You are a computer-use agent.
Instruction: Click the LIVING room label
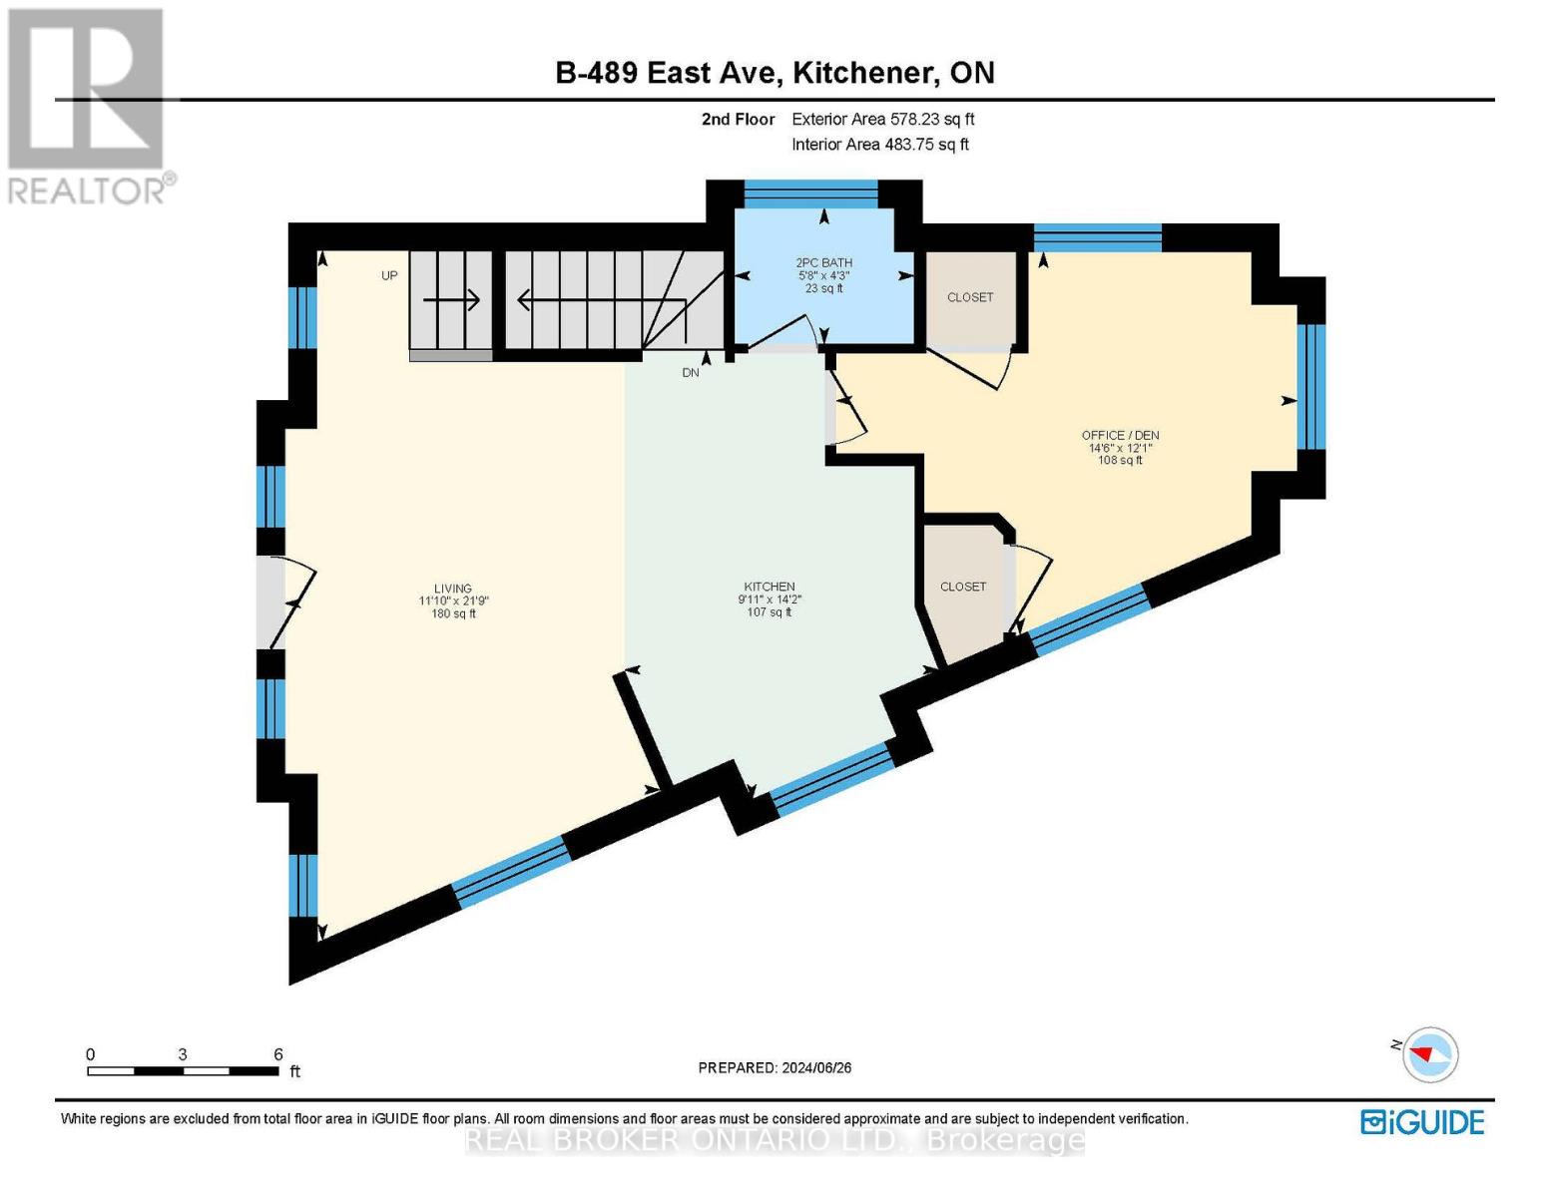tap(452, 589)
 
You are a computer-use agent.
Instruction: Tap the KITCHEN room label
tap(769, 587)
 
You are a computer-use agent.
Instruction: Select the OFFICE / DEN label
tap(1120, 435)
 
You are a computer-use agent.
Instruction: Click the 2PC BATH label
tap(823, 263)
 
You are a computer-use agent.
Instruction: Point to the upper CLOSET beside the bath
tap(970, 297)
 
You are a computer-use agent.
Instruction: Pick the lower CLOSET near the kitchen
tap(962, 587)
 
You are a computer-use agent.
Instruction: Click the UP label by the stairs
tap(389, 275)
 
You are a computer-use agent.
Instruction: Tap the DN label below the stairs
tap(691, 372)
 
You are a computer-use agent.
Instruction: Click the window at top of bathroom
tap(810, 195)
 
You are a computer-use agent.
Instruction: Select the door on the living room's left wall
tap(271, 601)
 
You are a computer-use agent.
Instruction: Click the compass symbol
tap(1430, 1053)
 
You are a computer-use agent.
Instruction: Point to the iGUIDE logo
tap(1422, 1122)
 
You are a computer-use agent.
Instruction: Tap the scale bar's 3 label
tap(183, 1054)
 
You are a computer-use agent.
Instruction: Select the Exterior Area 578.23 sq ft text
tap(882, 119)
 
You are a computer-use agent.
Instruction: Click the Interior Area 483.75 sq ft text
tap(879, 145)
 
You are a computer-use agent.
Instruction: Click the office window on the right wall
tap(1311, 386)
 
